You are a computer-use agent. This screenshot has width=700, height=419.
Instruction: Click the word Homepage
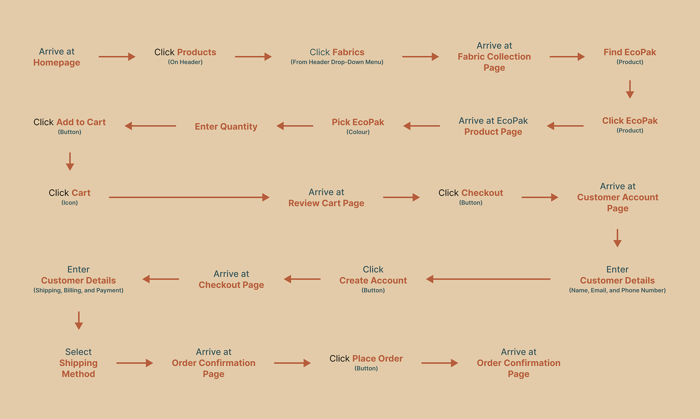pyautogui.click(x=57, y=63)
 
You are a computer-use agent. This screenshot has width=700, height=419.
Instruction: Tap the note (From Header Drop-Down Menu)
pyautogui.click(x=337, y=62)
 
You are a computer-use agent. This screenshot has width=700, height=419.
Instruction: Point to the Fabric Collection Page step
pyautogui.click(x=494, y=57)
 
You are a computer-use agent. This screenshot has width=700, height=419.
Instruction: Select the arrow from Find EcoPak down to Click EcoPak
pyautogui.click(x=630, y=89)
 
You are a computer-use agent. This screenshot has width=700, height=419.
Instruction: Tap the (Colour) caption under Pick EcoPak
pyautogui.click(x=358, y=132)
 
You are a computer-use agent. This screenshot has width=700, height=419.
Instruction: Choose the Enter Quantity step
pyautogui.click(x=226, y=126)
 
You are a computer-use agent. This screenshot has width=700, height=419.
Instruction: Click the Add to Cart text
pyautogui.click(x=81, y=122)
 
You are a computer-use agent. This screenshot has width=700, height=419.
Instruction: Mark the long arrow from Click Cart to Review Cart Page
pyautogui.click(x=189, y=197)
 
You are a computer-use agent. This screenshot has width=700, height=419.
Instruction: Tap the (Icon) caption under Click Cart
pyautogui.click(x=69, y=203)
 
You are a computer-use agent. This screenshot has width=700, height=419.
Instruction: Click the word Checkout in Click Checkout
pyautogui.click(x=482, y=193)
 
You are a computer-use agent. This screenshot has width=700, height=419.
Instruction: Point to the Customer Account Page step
pyautogui.click(x=618, y=197)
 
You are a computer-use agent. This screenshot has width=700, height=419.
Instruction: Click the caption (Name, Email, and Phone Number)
pyautogui.click(x=617, y=290)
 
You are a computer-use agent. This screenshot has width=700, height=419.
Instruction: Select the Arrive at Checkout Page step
pyautogui.click(x=231, y=279)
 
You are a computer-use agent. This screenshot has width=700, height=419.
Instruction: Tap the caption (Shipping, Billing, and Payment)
pyautogui.click(x=78, y=290)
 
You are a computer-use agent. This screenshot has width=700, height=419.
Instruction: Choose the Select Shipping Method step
pyautogui.click(x=78, y=363)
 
